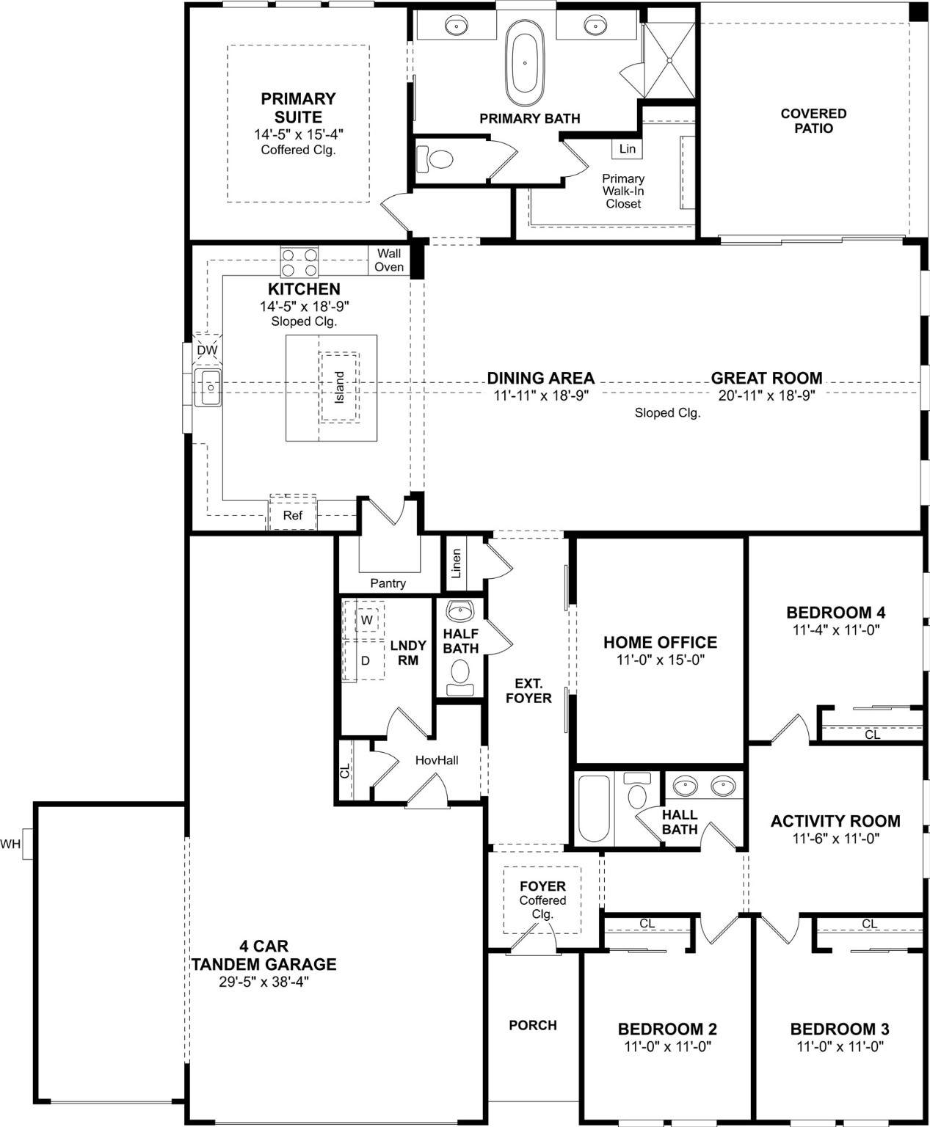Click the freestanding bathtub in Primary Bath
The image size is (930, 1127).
[x=524, y=62]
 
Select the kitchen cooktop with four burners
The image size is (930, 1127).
[x=299, y=262]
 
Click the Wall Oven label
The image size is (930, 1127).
[x=389, y=260]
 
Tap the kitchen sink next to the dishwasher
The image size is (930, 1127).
[x=208, y=387]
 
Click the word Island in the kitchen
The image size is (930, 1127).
[x=339, y=387]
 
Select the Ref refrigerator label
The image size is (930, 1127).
[x=293, y=516]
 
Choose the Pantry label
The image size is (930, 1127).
[x=388, y=583]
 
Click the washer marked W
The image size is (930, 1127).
[x=367, y=620]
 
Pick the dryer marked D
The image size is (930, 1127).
[x=366, y=660]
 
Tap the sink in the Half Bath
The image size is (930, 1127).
[x=460, y=611]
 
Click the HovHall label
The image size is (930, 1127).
[x=437, y=761]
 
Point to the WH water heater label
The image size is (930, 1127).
[x=10, y=844]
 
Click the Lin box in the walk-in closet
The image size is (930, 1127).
[x=627, y=148]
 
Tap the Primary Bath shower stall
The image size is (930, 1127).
[x=669, y=60]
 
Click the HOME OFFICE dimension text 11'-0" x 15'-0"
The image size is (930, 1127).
[x=661, y=660]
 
